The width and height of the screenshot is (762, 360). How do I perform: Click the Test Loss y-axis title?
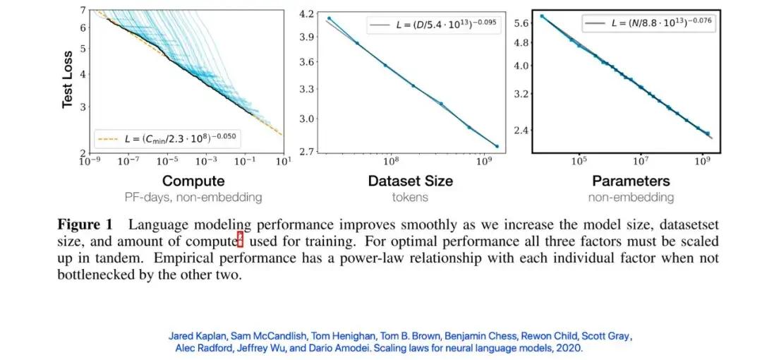[x=68, y=78]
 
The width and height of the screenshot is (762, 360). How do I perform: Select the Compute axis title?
[x=193, y=181]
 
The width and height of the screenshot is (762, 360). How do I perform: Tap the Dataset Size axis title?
[x=410, y=181]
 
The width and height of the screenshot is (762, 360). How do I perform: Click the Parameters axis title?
[x=630, y=181]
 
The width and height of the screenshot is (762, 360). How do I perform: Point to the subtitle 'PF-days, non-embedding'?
[x=193, y=198]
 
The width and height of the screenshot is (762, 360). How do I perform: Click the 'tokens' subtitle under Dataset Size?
[x=410, y=198]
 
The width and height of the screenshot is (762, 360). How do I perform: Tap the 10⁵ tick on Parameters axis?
[x=578, y=161]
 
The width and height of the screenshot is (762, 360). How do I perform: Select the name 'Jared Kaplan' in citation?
[x=194, y=336]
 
